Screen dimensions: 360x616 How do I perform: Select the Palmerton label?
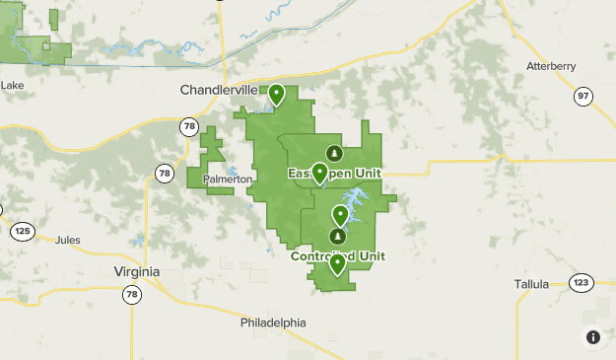coord(229,180)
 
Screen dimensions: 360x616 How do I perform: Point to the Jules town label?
coord(68,240)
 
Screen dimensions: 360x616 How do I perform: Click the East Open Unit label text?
coord(334,174)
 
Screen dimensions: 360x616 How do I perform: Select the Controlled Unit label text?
coord(338,256)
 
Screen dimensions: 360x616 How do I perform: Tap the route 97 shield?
coord(583,96)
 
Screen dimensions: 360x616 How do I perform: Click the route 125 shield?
coord(23,231)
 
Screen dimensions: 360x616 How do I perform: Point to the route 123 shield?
coord(582,283)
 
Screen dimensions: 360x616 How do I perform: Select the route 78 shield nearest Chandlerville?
coord(189,126)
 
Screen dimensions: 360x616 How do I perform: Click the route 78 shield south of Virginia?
coord(131,294)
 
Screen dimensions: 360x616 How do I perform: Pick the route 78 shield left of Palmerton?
coord(164,174)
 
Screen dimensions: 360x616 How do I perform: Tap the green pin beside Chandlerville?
coord(277,95)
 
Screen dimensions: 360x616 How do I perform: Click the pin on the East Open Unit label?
coord(319,174)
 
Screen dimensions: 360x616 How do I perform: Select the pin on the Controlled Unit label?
coord(338,263)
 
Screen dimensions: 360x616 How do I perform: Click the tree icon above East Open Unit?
coord(334,152)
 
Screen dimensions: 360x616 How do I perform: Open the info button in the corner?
coord(593,337)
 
